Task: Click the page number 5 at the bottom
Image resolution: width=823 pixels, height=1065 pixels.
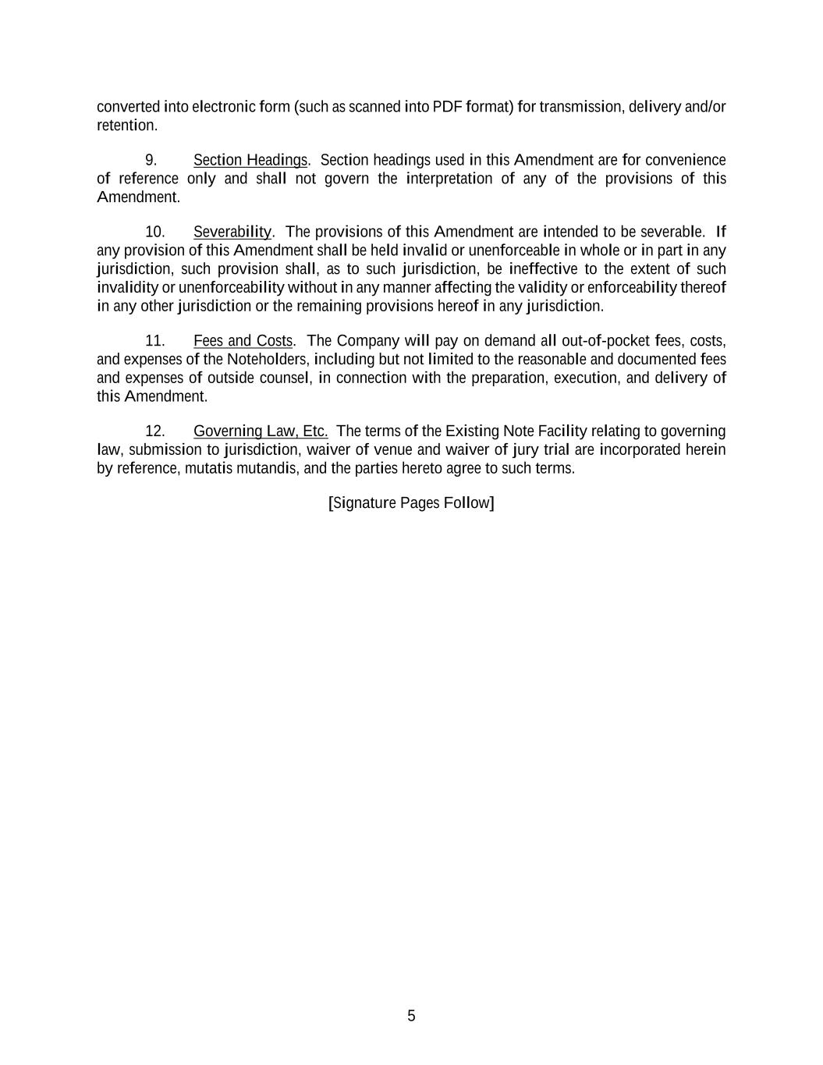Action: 411,1016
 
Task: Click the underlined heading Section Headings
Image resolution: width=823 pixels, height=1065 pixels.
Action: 250,160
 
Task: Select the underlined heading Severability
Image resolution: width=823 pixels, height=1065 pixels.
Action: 232,232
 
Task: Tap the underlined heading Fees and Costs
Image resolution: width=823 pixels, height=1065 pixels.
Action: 243,341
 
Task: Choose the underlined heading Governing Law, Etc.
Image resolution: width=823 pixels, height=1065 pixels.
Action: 261,431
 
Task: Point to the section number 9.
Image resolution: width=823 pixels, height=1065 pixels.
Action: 151,160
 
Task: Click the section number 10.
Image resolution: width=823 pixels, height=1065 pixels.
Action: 155,232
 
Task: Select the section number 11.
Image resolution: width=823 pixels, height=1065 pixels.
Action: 155,341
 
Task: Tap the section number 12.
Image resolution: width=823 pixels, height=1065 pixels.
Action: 155,431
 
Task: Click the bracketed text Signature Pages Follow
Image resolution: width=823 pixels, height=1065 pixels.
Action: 411,502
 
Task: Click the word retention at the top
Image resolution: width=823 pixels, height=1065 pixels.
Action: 126,126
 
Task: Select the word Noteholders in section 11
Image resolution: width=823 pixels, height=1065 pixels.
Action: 268,360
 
